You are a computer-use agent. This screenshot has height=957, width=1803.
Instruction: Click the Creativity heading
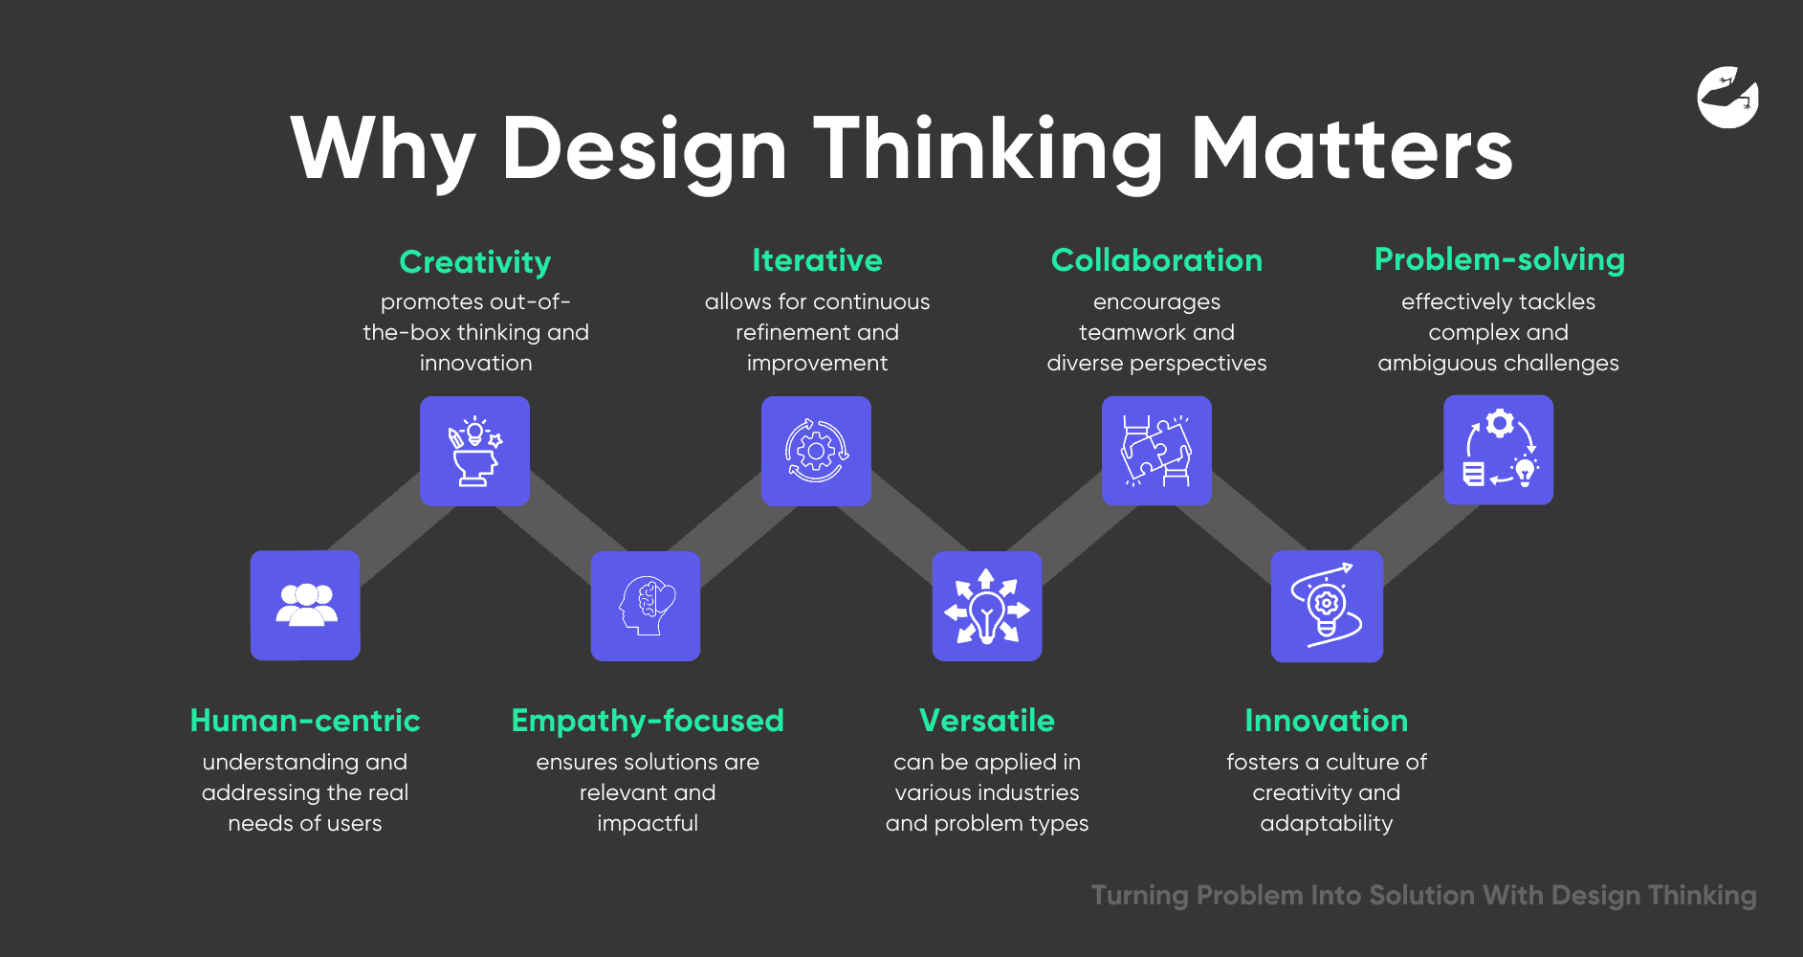click(475, 262)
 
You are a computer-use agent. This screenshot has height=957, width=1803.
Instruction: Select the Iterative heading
click(817, 260)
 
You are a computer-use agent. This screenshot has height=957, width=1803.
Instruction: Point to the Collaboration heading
click(1156, 260)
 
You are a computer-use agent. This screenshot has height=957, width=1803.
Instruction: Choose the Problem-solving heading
click(1500, 260)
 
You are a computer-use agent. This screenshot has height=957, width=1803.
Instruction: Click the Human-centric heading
click(305, 721)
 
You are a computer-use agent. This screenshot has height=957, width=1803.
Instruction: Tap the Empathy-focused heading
click(648, 722)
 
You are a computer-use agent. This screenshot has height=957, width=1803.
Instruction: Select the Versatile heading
click(987, 721)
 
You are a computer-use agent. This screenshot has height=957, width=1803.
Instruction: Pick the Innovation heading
click(1327, 721)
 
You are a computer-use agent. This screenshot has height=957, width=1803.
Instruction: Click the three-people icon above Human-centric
click(306, 605)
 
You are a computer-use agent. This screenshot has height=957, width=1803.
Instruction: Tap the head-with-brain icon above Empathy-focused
click(646, 606)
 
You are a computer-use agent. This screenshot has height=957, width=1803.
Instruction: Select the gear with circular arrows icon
click(816, 451)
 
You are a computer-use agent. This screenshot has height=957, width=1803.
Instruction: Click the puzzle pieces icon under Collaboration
click(1156, 451)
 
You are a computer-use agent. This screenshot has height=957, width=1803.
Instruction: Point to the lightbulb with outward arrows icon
click(987, 606)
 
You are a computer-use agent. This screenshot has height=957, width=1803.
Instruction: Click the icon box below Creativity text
click(474, 451)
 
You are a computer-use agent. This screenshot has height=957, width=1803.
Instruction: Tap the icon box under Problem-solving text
click(1498, 450)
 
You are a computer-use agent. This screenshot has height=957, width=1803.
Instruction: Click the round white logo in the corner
click(1728, 97)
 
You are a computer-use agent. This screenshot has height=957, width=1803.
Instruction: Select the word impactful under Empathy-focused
click(648, 824)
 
